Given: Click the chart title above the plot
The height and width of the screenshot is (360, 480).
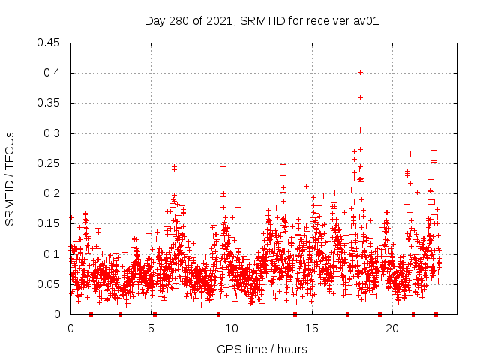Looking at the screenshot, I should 262,21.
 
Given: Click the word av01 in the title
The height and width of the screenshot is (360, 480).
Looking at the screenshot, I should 366,21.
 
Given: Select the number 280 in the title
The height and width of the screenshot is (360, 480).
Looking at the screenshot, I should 180,21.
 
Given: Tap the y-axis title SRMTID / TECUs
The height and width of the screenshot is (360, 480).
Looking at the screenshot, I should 10,178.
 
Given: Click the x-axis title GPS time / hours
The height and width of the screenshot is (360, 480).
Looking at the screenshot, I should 262,349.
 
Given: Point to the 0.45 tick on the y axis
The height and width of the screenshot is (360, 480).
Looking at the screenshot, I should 49,43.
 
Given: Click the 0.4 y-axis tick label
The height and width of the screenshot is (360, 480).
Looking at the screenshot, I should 52,73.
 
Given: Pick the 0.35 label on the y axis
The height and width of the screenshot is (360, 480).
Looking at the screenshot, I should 49,103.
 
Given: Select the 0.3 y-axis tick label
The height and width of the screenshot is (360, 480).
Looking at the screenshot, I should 52,133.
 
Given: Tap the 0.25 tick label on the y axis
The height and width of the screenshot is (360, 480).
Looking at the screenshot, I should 49,163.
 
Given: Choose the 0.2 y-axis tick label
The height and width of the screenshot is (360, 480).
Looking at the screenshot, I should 52,193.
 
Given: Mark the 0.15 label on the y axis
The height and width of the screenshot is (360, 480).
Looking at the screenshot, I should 49,223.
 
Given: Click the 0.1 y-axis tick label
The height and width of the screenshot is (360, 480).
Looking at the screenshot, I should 52,254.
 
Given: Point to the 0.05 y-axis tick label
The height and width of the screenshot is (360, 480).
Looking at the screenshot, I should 49,284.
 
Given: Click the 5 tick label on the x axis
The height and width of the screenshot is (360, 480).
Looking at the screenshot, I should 151,328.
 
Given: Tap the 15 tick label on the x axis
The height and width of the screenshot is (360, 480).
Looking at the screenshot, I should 311,328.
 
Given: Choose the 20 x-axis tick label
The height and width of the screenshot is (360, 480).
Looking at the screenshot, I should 391,328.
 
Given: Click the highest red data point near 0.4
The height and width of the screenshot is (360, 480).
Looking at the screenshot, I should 360,72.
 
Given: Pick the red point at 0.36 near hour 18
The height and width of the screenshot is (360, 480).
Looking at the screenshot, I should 360,97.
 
